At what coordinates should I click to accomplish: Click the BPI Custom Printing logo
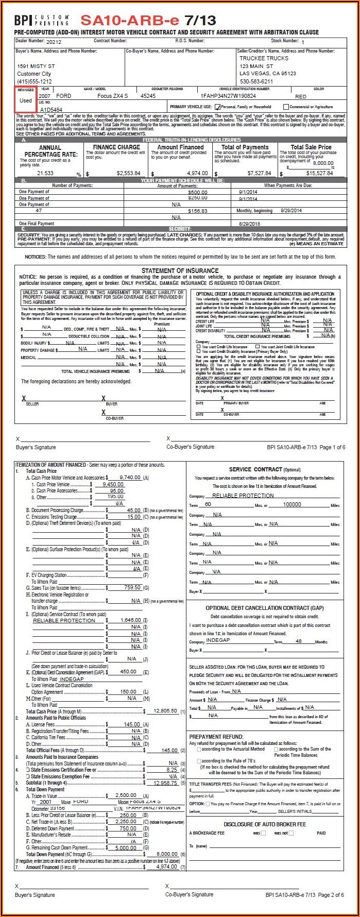click(41, 20)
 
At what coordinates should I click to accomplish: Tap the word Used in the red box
click(26, 100)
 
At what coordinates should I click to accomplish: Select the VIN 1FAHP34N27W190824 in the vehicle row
click(228, 96)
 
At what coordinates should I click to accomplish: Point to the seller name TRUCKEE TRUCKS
click(264, 58)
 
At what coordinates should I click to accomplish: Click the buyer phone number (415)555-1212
click(35, 81)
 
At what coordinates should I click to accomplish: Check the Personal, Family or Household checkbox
click(218, 107)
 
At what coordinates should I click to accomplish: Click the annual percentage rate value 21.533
click(45, 173)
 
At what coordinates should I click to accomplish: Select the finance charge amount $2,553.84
click(128, 173)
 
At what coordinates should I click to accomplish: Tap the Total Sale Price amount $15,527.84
click(319, 173)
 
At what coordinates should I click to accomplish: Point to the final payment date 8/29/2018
click(250, 224)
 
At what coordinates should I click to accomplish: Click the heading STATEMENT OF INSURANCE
click(180, 270)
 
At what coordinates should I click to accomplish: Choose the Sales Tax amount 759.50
click(132, 587)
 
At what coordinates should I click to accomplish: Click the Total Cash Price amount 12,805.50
click(165, 711)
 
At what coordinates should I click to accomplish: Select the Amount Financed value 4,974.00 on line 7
click(166, 867)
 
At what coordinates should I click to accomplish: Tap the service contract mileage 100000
click(292, 504)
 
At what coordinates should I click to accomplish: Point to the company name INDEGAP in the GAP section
click(218, 640)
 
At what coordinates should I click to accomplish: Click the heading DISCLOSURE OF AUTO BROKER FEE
click(265, 824)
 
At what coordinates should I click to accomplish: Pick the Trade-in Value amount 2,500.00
click(126, 795)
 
